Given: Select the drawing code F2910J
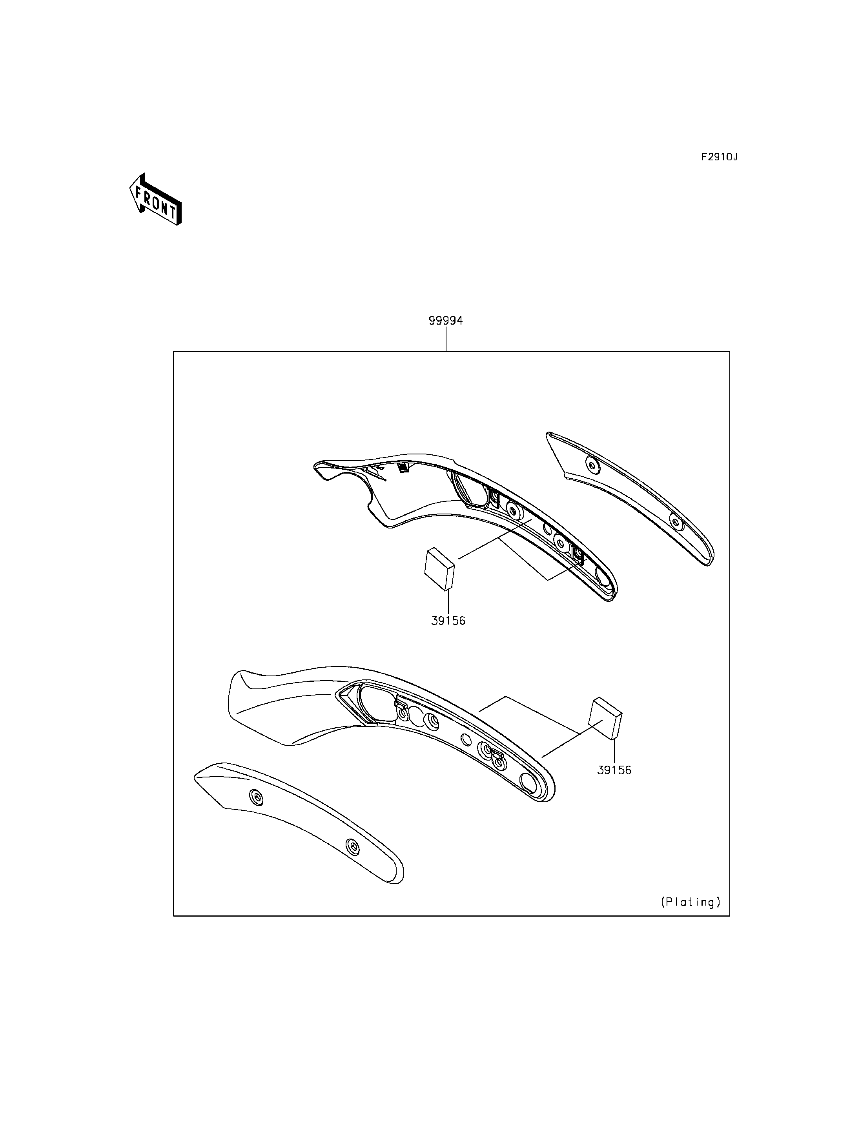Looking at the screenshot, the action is tap(719, 157).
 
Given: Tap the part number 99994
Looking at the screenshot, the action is tap(445, 320).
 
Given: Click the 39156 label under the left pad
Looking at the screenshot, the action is tap(448, 621).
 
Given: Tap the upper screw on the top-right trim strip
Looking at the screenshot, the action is tap(592, 465).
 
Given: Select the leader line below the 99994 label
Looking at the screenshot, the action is tap(446, 339).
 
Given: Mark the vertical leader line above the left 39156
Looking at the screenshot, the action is tap(448, 602).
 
